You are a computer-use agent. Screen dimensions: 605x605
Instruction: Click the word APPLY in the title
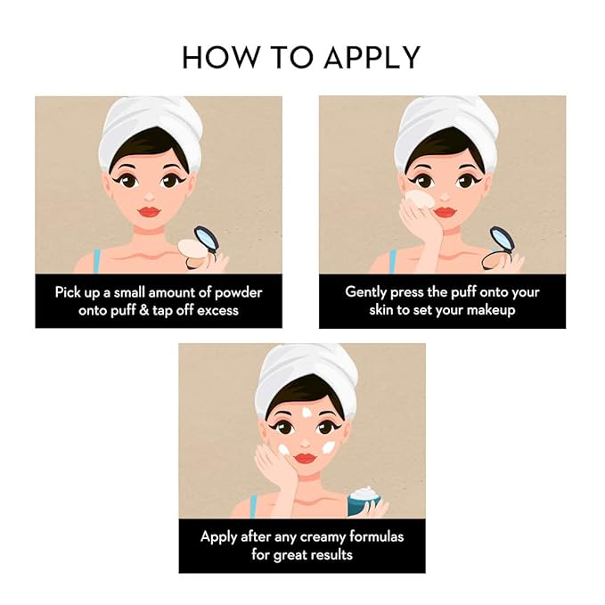coord(372,58)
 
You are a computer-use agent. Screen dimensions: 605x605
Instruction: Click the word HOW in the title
coord(220,58)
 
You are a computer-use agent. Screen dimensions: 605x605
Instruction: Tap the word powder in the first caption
coord(239,293)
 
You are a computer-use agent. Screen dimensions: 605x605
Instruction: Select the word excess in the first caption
coord(217,311)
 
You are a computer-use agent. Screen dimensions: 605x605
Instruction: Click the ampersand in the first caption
coord(144,311)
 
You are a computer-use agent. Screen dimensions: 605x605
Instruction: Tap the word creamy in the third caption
coord(323,537)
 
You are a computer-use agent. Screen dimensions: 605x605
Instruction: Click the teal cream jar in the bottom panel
coord(364,502)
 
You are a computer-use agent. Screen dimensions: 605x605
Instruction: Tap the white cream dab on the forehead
coord(307,413)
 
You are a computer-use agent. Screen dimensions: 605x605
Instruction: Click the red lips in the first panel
coord(150,212)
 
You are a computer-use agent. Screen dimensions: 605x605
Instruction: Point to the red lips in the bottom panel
coord(306,458)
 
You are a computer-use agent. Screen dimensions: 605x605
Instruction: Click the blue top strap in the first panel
coord(96,261)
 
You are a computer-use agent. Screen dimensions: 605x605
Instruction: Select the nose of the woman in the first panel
coord(150,196)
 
